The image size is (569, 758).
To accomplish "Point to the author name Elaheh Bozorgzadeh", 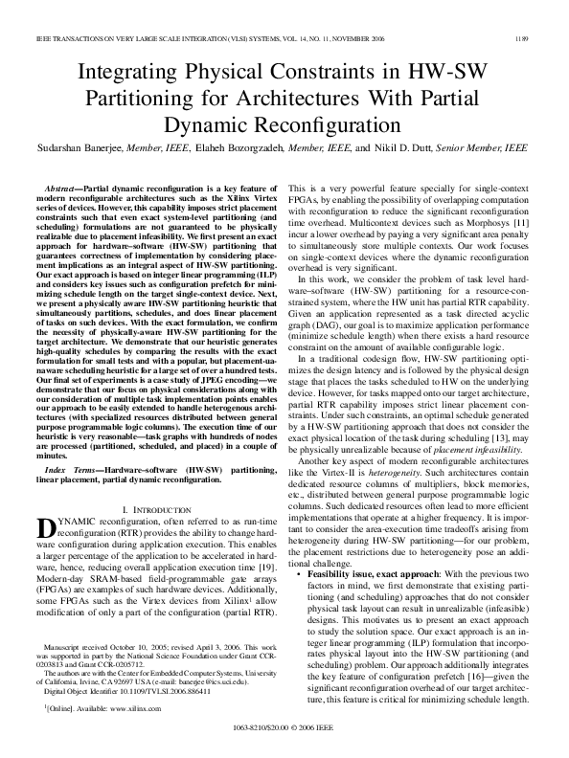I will (x=245, y=149).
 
